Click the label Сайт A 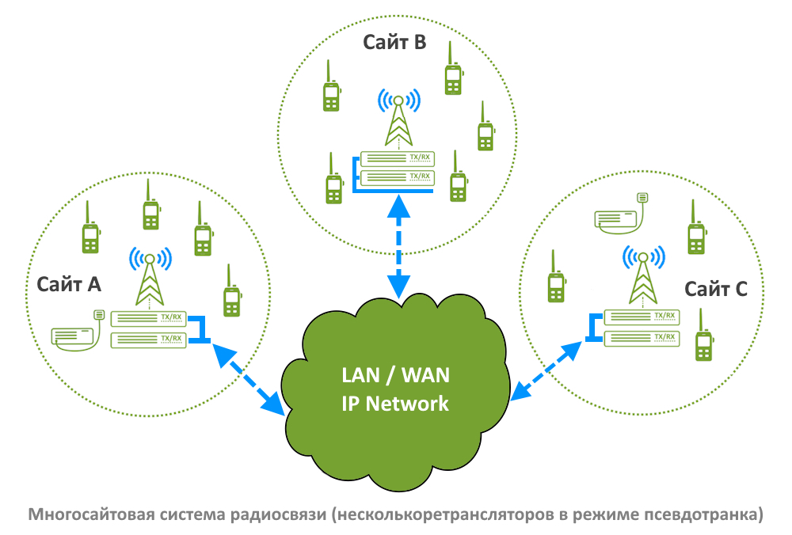tap(69, 284)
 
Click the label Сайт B tap(394, 42)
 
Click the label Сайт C tap(716, 289)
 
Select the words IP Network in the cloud tap(395, 404)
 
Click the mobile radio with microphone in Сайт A tap(77, 332)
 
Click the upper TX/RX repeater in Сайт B tap(397, 157)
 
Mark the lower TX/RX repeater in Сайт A tap(150, 340)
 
